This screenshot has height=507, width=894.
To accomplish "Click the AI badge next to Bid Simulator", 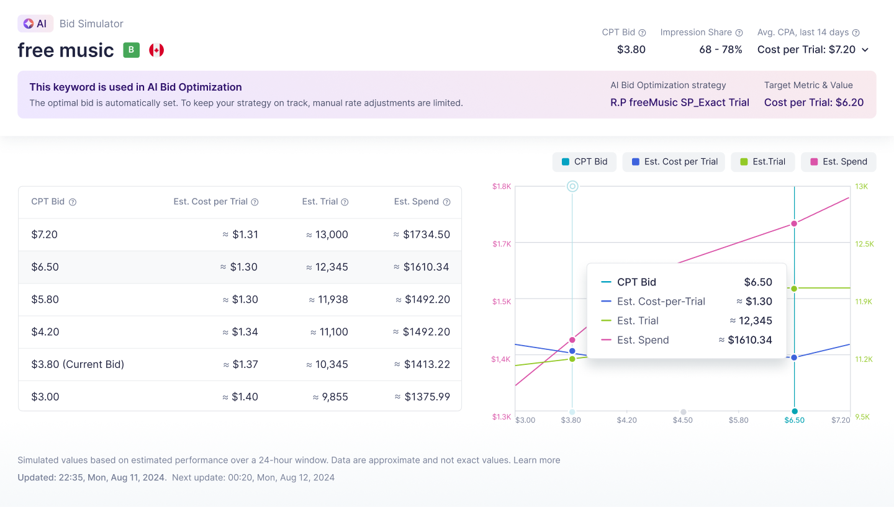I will click(35, 24).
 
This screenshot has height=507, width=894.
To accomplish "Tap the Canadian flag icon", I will click(156, 50).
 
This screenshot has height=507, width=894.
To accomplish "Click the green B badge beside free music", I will click(131, 50).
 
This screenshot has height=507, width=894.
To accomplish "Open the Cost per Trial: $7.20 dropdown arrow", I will click(865, 50).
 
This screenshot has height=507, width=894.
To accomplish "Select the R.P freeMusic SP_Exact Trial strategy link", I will click(679, 102).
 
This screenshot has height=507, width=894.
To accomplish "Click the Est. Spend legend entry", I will click(838, 161).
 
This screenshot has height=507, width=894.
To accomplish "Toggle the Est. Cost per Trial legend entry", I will click(674, 161).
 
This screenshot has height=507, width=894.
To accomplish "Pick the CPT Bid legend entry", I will click(584, 161).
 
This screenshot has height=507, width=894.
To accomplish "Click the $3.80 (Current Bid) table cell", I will click(78, 364).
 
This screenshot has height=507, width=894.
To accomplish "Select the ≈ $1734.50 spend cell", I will click(422, 235).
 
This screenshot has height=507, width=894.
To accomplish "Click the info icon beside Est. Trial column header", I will click(345, 202).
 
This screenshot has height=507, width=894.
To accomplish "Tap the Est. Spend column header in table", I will click(416, 202).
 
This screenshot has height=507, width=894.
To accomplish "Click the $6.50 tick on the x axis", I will click(794, 420).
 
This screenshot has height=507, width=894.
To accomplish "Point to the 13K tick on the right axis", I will click(862, 186).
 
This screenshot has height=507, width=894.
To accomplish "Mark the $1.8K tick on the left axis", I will click(502, 186).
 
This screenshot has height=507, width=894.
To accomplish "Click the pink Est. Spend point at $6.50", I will click(794, 223).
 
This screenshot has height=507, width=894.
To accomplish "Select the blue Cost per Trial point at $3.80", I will click(572, 351).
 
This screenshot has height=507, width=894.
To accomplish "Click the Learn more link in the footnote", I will click(536, 460).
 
